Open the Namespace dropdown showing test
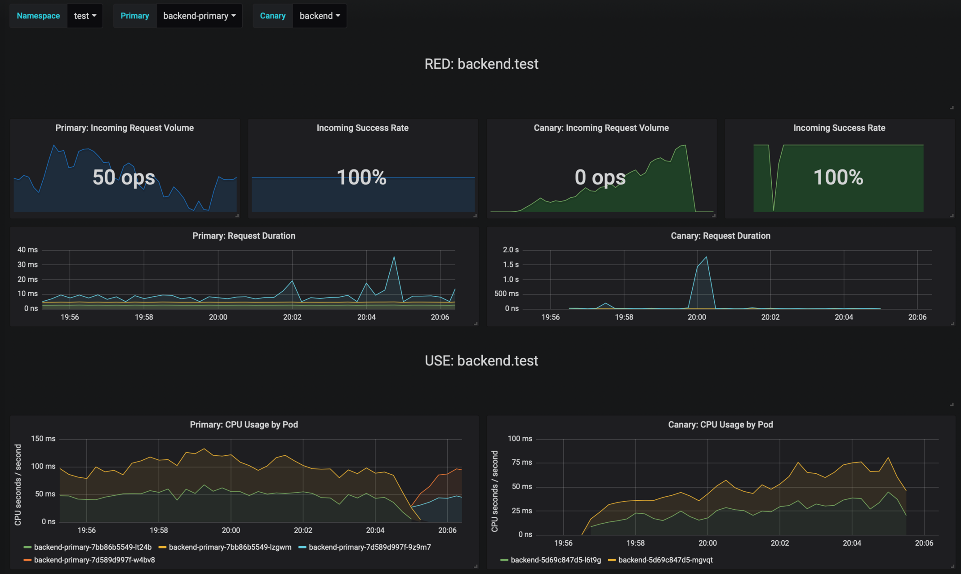pyautogui.click(x=85, y=16)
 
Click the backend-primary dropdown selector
pyautogui.click(x=199, y=16)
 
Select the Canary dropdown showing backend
pyautogui.click(x=319, y=16)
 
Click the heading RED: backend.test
pyautogui.click(x=481, y=64)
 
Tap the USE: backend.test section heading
pyautogui.click(x=481, y=360)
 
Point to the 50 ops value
pyautogui.click(x=124, y=177)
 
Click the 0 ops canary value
pyautogui.click(x=600, y=177)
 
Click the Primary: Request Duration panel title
pyautogui.click(x=244, y=236)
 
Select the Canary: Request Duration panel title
pyautogui.click(x=720, y=236)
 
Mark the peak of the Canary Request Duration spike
pyautogui.click(x=707, y=257)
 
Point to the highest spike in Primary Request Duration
pyautogui.click(x=394, y=257)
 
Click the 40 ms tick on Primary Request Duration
pyautogui.click(x=27, y=249)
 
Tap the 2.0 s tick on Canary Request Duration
pyautogui.click(x=511, y=249)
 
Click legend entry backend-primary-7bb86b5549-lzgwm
pyautogui.click(x=230, y=547)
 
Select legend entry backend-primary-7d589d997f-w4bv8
pyautogui.click(x=94, y=560)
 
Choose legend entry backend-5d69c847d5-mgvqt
pyautogui.click(x=665, y=560)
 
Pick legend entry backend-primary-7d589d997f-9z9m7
pyautogui.click(x=369, y=547)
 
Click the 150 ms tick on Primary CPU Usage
pyautogui.click(x=43, y=438)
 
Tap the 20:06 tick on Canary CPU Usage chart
pyautogui.click(x=924, y=543)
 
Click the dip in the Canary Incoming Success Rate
pyautogui.click(x=773, y=209)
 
